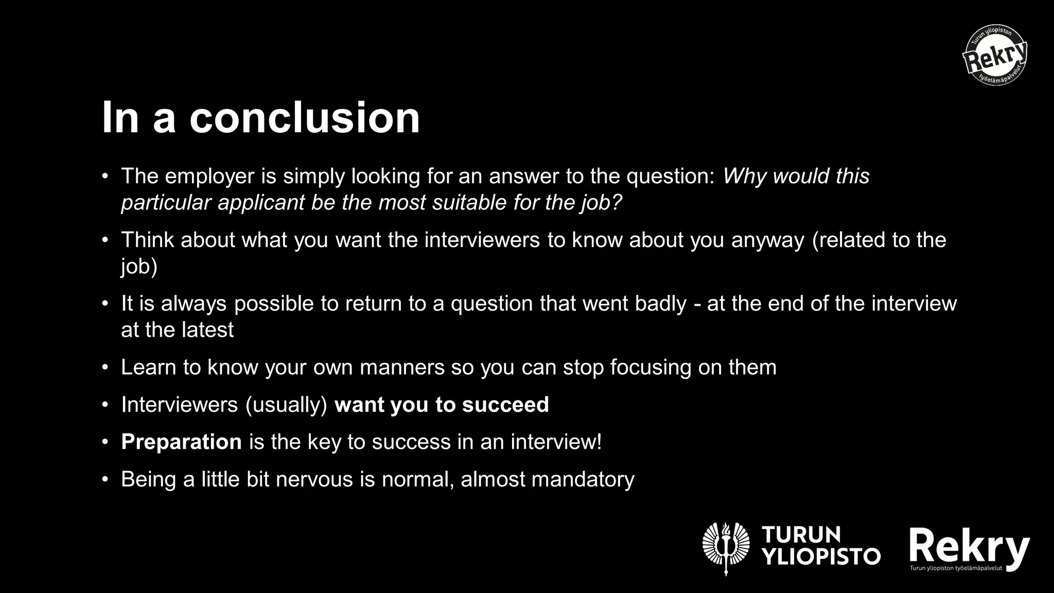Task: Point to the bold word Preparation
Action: point(181,442)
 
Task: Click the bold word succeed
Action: point(505,405)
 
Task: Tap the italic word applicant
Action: point(261,203)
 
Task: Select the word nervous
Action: point(314,480)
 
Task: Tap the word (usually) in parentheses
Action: point(287,405)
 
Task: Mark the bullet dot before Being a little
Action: point(106,480)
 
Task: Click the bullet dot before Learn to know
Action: point(106,368)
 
